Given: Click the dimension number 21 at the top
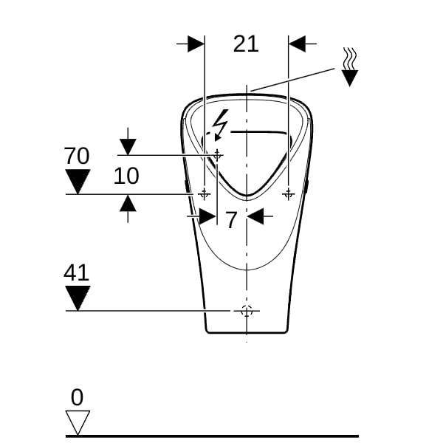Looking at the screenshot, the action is coord(246,44).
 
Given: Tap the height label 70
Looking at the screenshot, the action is coord(77,156).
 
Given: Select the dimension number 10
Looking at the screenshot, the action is coord(126,176).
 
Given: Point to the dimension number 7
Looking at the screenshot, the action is coord(231,220).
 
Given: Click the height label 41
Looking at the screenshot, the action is coord(76,272).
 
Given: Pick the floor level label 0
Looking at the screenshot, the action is coord(77,397).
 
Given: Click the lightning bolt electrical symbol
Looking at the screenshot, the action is coord(221,125).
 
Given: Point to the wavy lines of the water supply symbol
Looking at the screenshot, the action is coord(350,58).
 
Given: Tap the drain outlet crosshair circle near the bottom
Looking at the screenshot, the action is coord(247,311).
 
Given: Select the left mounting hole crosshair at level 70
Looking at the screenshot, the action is coord(205,194).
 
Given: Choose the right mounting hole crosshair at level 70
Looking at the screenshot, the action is coord(289,194).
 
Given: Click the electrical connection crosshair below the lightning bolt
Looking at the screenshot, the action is coord(217,155).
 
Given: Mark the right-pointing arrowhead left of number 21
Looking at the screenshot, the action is coord(196,44).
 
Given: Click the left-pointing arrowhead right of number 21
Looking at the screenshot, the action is coord(297,44).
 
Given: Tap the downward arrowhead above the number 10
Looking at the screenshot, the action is coord(128,147).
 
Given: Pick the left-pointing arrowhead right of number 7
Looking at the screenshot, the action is coord(255,216).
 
